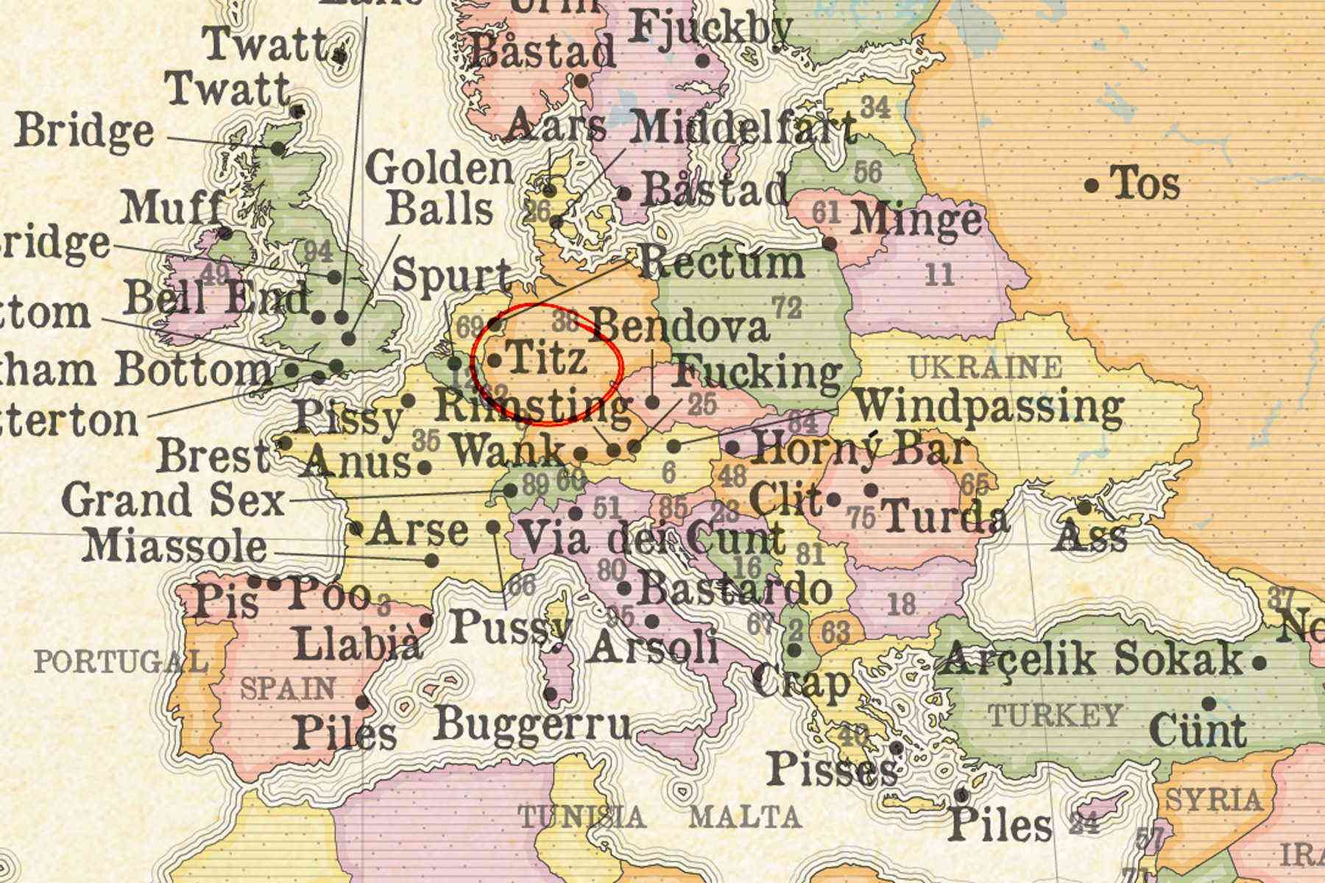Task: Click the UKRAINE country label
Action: click(986, 366)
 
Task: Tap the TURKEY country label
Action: click(1055, 714)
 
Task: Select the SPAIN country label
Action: click(288, 689)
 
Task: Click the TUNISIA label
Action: click(582, 816)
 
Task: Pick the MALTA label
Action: click(745, 816)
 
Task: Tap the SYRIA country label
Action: click(1214, 799)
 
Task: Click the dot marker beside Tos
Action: click(1092, 185)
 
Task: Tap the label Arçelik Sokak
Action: click(1092, 659)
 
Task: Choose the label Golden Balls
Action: click(440, 189)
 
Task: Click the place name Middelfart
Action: click(743, 127)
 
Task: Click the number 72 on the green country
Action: click(786, 308)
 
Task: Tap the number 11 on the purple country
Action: click(939, 276)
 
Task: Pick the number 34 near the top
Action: click(876, 107)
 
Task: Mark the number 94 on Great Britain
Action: click(318, 252)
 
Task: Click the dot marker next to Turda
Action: click(872, 489)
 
